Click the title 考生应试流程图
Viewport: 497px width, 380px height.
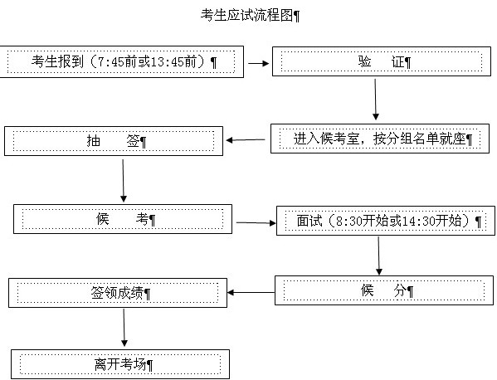(247, 15)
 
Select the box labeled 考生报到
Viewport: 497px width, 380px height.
(122, 61)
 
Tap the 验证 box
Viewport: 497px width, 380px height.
(382, 61)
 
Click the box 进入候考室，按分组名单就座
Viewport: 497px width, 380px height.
(380, 139)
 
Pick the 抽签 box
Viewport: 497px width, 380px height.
(114, 141)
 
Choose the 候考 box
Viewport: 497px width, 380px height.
(123, 219)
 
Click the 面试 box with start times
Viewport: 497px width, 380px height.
(386, 221)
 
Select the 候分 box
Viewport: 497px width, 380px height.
(384, 290)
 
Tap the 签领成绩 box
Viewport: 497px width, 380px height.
(118, 293)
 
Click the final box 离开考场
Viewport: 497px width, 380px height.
(120, 364)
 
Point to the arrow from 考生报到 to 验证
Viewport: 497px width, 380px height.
(258, 63)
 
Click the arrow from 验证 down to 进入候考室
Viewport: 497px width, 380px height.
(376, 100)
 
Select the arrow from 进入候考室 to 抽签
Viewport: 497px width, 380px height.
(246, 139)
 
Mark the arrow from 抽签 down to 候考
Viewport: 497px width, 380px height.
(124, 181)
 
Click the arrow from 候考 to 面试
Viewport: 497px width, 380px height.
(256, 223)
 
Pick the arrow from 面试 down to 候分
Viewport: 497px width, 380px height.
(379, 256)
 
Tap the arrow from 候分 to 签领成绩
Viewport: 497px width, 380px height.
(251, 292)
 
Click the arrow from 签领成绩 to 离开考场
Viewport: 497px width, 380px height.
(124, 328)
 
